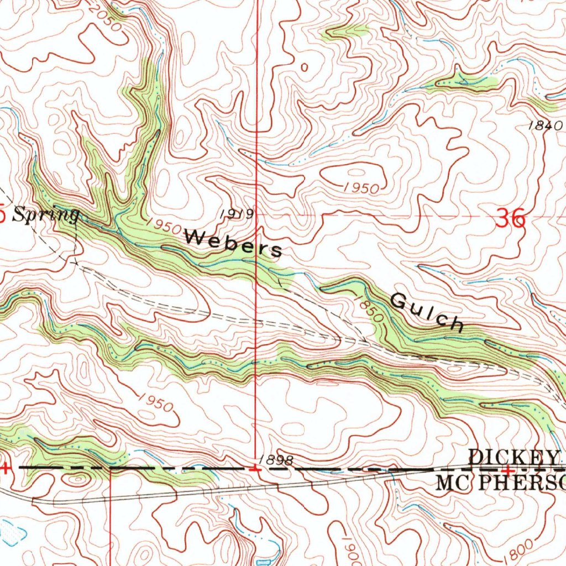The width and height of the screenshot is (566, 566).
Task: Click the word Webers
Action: tap(233, 243)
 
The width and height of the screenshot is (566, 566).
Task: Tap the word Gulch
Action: tap(427, 312)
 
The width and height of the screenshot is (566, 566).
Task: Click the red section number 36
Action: tap(510, 219)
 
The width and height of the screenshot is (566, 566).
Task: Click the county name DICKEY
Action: tap(514, 457)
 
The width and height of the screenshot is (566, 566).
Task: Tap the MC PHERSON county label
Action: tap(501, 482)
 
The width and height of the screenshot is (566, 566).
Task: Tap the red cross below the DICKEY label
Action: tap(507, 469)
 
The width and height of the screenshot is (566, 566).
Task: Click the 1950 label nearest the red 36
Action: tap(360, 188)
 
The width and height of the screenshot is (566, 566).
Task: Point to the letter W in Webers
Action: tap(194, 237)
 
